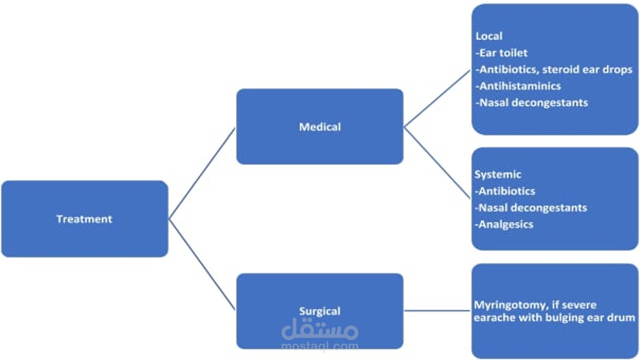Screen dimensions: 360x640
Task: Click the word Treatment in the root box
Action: pyautogui.click(x=84, y=219)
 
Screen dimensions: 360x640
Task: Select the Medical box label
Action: pyautogui.click(x=320, y=127)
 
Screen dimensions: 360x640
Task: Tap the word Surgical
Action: pyautogui.click(x=320, y=311)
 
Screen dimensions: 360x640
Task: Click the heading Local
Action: pyautogui.click(x=489, y=36)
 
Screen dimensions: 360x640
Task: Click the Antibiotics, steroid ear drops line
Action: pyautogui.click(x=554, y=69)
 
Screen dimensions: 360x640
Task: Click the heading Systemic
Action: pyautogui.click(x=497, y=174)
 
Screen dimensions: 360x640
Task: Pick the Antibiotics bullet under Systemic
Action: pyautogui.click(x=504, y=191)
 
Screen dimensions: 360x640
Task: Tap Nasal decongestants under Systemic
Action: pyautogui.click(x=530, y=207)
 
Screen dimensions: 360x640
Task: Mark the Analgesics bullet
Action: pyautogui.click(x=503, y=224)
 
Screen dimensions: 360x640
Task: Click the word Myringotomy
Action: pyautogui.click(x=503, y=305)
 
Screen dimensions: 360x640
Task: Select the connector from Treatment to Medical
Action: pyautogui.click(x=202, y=173)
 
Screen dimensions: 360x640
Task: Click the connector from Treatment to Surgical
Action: pyautogui.click(x=202, y=264)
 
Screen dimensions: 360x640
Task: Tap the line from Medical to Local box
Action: pyautogui.click(x=437, y=98)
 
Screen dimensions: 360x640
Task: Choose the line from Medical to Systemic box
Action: pyautogui.click(x=437, y=163)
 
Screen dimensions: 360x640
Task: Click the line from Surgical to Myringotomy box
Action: pyautogui.click(x=437, y=310)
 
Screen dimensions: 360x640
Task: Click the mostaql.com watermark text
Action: pyautogui.click(x=320, y=345)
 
